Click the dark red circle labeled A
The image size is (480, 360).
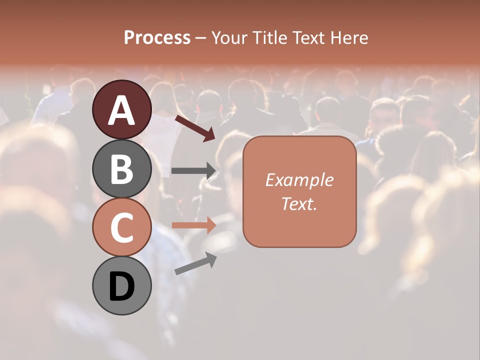point(122,109)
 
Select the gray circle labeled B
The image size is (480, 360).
point(122,168)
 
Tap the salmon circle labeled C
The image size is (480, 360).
point(122,227)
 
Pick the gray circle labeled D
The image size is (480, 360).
point(122,286)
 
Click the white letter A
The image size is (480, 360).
point(122,110)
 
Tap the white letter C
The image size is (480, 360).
point(122,228)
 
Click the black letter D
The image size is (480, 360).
point(122,287)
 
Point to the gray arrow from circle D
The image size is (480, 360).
point(195,263)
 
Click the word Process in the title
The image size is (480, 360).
point(157,37)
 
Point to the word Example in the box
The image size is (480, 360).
point(299,180)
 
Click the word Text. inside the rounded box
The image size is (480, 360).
point(299,203)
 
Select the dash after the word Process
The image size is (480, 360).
point(201,38)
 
